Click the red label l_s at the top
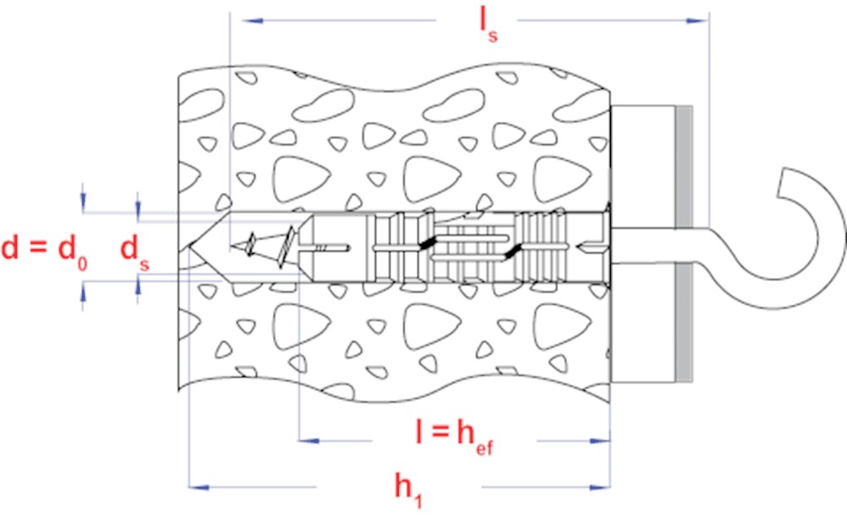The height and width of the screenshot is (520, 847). click(489, 25)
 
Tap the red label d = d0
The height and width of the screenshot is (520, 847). click(44, 252)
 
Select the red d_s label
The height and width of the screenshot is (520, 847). click(135, 252)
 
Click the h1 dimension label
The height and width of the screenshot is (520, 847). click(408, 490)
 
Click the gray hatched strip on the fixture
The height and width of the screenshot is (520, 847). click(684, 244)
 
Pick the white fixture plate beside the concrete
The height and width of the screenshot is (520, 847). click(643, 244)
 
